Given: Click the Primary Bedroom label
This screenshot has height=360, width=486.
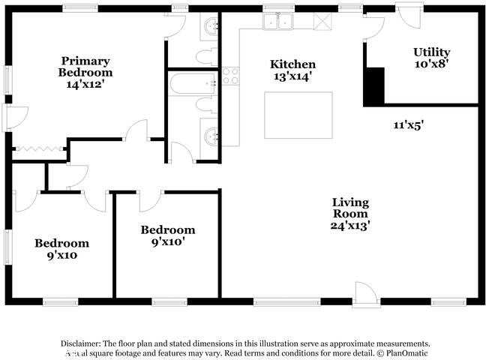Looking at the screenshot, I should (x=85, y=67).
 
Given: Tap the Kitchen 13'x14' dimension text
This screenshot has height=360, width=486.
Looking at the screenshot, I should (x=292, y=76).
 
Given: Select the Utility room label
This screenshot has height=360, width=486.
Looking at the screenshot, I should (x=431, y=52).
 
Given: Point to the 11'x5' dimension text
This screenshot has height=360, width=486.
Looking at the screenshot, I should (x=409, y=126).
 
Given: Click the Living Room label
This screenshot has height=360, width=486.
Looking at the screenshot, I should (x=350, y=208).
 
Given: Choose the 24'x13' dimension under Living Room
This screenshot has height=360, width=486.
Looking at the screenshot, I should (x=350, y=224).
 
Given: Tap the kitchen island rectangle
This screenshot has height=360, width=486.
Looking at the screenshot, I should (x=298, y=115).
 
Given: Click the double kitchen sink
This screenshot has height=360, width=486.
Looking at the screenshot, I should (x=278, y=22).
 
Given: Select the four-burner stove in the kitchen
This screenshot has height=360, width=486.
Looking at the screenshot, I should (x=230, y=76).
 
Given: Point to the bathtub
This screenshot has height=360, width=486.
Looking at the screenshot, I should (x=193, y=83).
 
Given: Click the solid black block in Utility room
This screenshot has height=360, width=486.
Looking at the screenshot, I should (x=373, y=85).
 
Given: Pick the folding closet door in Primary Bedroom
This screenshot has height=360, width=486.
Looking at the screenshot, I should (x=39, y=149).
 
